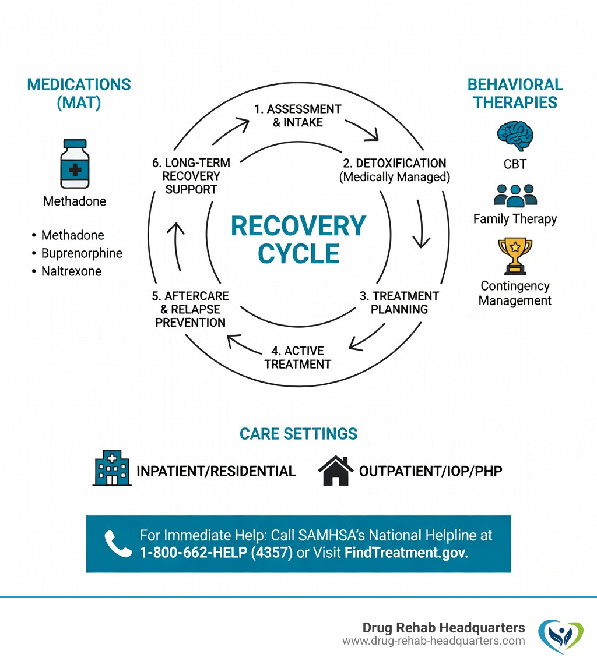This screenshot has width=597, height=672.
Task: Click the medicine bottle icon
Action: coord(75,164)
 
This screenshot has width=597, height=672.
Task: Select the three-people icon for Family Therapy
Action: coord(515,195)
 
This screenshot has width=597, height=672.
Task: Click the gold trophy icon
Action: coord(515,255)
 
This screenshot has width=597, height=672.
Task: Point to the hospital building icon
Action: coord(111,468)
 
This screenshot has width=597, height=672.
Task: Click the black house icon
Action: coord(336,471)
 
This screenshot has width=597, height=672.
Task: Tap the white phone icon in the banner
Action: coord(118,544)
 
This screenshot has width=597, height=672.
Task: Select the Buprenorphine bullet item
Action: coord(82,253)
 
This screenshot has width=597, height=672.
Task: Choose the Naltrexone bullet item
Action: coord(71,271)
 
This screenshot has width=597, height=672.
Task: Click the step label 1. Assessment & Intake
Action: coord(297,115)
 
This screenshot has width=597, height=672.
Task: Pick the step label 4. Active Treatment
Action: coord(297,358)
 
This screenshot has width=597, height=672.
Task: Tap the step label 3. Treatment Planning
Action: coord(399,302)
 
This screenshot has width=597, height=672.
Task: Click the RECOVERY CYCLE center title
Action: coord(298,239)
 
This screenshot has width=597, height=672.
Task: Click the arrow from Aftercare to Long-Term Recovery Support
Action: coord(177,247)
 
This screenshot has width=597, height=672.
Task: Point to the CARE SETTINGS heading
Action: coord(298,434)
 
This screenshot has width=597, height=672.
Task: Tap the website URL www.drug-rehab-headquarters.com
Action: coord(433,641)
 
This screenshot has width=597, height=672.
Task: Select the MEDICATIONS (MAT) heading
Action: coord(79,93)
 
